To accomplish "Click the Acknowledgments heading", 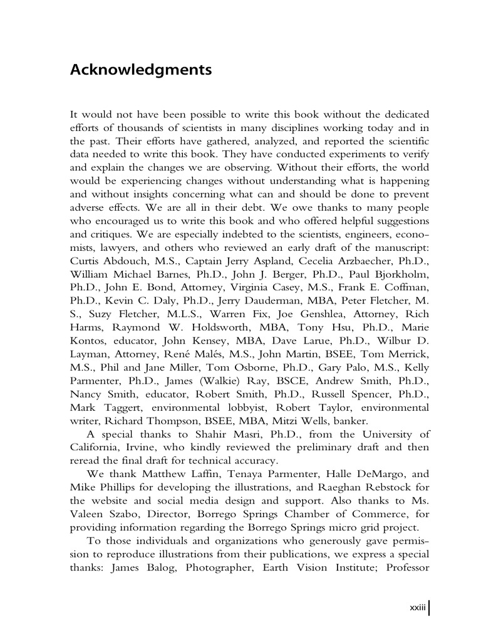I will pos(140,70).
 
